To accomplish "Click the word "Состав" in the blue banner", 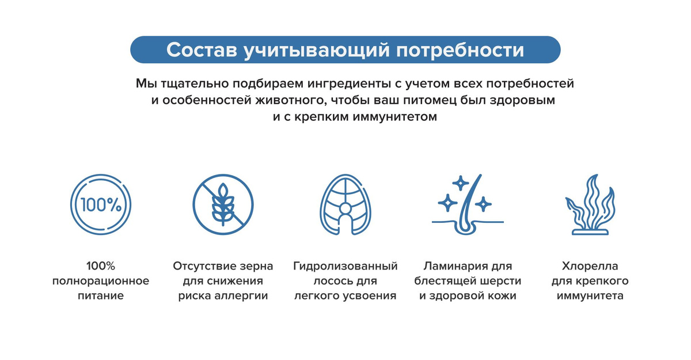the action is pyautogui.click(x=202, y=50).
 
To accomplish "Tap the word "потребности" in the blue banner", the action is pyautogui.click(x=460, y=50).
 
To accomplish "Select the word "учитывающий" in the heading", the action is pyautogui.click(x=317, y=51).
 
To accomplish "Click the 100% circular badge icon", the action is pyautogui.click(x=101, y=204).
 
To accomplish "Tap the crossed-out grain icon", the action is pyautogui.click(x=223, y=204).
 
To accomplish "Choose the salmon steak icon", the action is pyautogui.click(x=345, y=204).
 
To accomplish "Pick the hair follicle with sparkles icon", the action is pyautogui.click(x=468, y=204).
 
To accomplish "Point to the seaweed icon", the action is pyautogui.click(x=590, y=204).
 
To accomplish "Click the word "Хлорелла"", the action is pyautogui.click(x=590, y=266).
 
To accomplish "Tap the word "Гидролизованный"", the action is pyautogui.click(x=345, y=266).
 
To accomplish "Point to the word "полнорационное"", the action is pyautogui.click(x=101, y=281).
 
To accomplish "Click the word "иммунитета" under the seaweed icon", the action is pyautogui.click(x=590, y=295).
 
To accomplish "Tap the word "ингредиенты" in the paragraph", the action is pyautogui.click(x=350, y=84).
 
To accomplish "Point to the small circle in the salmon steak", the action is pyautogui.click(x=345, y=209).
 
